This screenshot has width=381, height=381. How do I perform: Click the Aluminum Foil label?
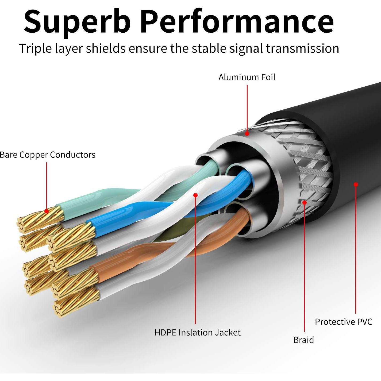click(247, 77)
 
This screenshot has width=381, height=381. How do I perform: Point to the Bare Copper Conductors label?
click(47, 155)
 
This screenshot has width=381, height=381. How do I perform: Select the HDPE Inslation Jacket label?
click(197, 332)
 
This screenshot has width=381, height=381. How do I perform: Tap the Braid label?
click(303, 340)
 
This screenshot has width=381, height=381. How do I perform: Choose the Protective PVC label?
click(343, 322)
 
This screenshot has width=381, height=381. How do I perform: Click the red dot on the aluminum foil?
click(247, 133)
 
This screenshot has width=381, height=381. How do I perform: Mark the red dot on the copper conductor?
click(47, 211)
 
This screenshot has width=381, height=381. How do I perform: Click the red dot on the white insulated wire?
click(195, 195)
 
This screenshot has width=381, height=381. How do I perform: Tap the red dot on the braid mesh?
click(304, 203)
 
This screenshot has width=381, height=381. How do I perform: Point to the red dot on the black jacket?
click(356, 184)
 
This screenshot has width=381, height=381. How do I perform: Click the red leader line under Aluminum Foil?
click(247, 107)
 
